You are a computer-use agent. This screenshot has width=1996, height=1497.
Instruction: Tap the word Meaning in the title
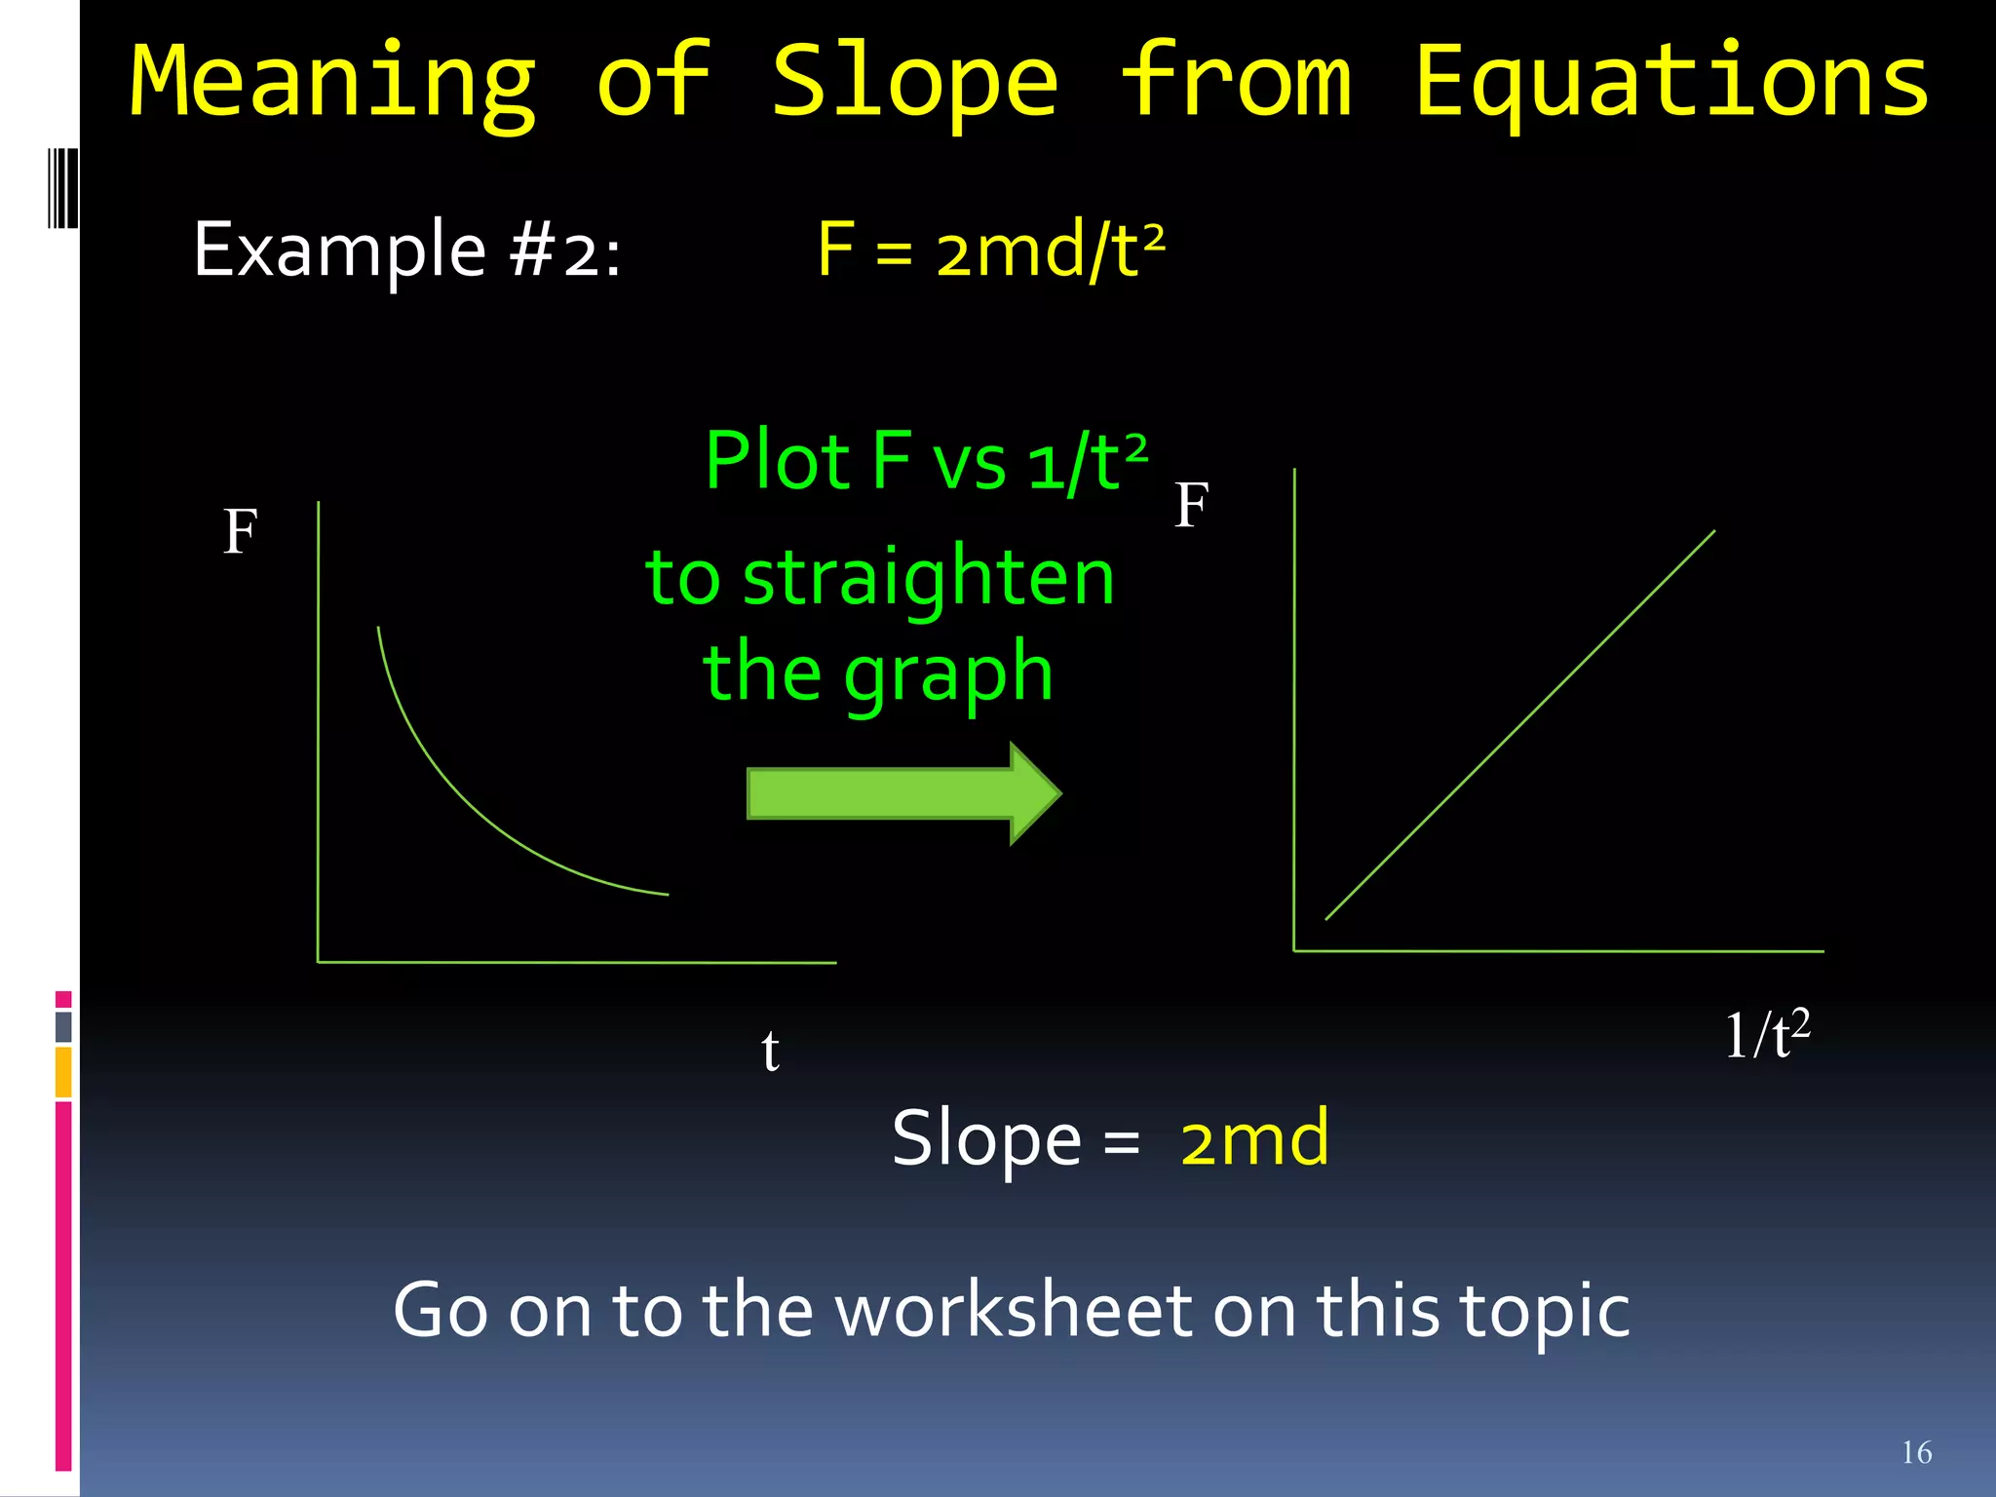tap(333, 83)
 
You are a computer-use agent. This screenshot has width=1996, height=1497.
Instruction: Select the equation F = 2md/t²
tap(990, 250)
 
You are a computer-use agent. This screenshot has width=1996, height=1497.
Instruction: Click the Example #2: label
tap(407, 250)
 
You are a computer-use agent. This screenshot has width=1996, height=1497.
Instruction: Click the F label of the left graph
tap(240, 532)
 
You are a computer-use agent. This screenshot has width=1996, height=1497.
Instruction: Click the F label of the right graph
tap(1191, 506)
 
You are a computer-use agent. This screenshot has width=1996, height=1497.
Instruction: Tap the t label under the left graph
tap(770, 1051)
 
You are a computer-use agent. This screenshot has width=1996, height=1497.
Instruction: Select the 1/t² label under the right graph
tap(1766, 1035)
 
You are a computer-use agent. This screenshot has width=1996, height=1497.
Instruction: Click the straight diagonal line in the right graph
tap(1520, 723)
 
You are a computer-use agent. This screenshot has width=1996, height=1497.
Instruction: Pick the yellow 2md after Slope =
tap(1253, 1138)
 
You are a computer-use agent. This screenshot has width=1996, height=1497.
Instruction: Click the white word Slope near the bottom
tap(985, 1138)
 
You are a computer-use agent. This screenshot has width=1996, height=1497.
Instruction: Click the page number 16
tap(1916, 1452)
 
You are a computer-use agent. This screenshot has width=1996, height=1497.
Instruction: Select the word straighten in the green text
tap(928, 577)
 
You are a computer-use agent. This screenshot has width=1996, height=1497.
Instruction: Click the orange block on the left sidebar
tap(63, 1072)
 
